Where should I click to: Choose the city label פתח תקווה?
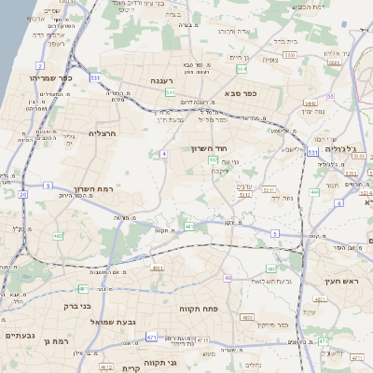198,306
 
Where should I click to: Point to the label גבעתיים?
19,335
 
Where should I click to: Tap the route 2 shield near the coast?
40,65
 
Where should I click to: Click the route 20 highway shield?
22,195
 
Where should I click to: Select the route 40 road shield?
228,278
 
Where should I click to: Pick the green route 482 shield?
58,235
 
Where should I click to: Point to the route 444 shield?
314,192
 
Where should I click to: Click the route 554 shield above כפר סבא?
242,69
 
